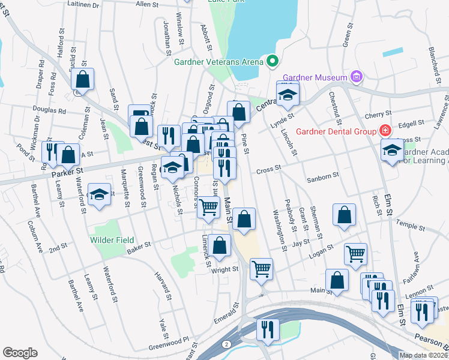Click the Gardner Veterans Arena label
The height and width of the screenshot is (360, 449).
pos(218,61)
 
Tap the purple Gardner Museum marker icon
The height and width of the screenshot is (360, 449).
pos(357,77)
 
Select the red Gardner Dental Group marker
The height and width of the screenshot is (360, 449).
pos(384,131)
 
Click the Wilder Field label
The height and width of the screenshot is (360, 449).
pos(112,240)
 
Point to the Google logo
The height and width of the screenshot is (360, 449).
pos(20,353)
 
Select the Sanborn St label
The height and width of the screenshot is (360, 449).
pos(323,176)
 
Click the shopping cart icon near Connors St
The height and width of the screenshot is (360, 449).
pos(208,207)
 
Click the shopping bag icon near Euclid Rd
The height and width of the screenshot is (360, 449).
pos(83,79)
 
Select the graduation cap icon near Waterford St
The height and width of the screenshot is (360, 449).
pos(99,194)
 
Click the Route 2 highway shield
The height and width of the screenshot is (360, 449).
pos(226,344)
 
